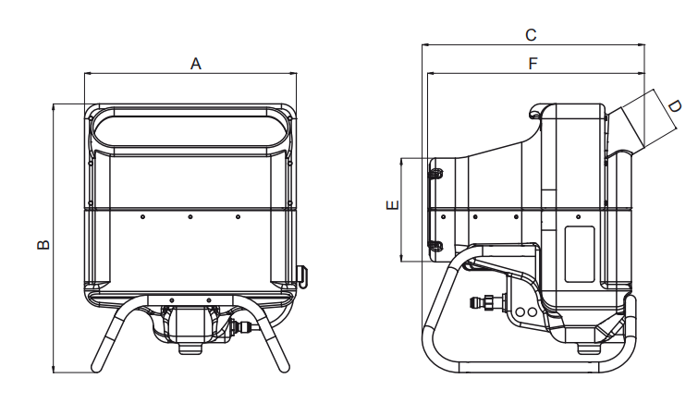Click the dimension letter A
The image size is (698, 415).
coord(196,64)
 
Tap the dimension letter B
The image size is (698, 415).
coord(43,244)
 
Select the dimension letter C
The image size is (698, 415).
coord(531,35)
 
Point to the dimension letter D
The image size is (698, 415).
coord(674,106)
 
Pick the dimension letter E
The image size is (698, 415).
coord(392,205)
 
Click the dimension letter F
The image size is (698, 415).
coord(533,64)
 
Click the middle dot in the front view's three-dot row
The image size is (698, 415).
coord(190,217)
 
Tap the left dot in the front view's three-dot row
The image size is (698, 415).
coord(142,217)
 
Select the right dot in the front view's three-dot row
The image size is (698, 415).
coord(238,217)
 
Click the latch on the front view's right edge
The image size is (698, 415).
coord(303,276)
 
